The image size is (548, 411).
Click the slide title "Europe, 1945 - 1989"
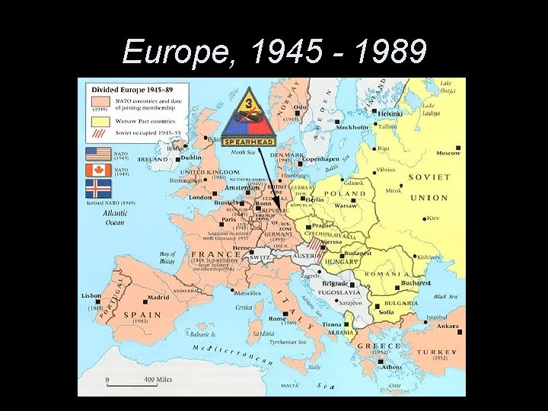click(274, 52)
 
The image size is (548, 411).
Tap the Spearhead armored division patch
click(248, 117)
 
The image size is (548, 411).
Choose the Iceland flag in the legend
click(98, 189)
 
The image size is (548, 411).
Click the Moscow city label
click(448, 153)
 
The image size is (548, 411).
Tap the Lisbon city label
click(91, 295)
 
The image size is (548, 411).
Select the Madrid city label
click(158, 298)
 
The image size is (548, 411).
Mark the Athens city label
click(392, 367)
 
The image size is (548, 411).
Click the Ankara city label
click(447, 327)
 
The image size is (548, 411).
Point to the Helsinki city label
click(390, 114)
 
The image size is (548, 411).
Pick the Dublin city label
click(191, 158)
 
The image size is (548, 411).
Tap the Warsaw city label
click(346, 205)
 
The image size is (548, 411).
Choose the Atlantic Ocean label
click(114, 218)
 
